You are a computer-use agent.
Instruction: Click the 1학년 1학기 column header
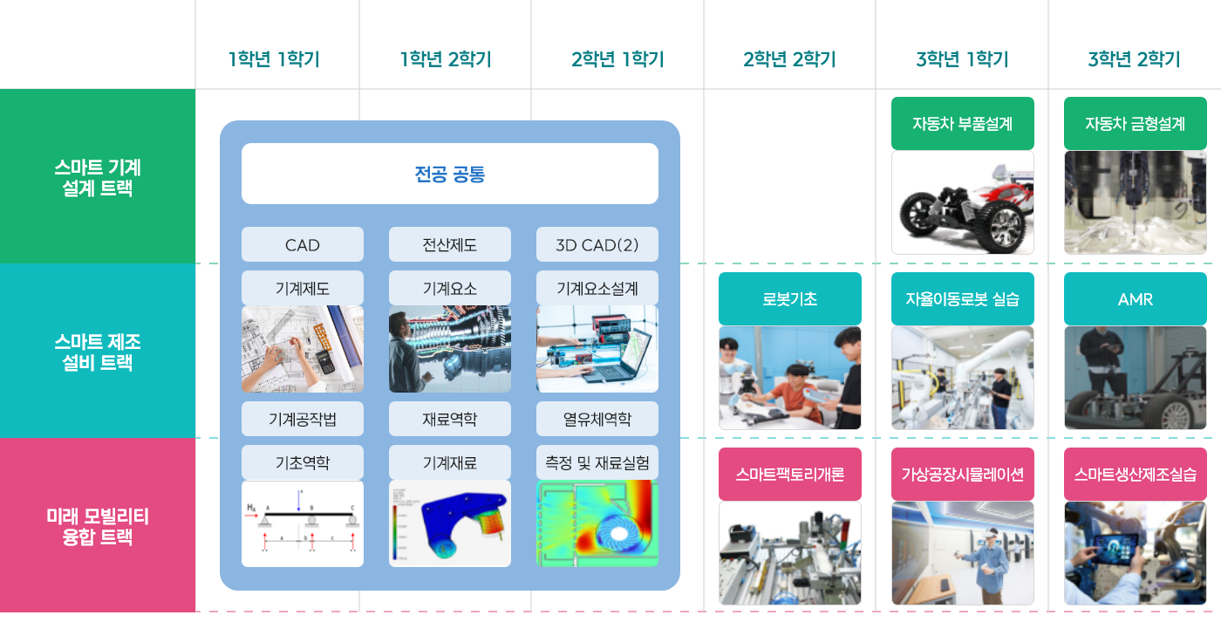tap(274, 58)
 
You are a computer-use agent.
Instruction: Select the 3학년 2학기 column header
tap(1135, 58)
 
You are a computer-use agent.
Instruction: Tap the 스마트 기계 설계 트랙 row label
tap(98, 177)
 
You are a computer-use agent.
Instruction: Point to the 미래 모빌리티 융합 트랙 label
tap(98, 526)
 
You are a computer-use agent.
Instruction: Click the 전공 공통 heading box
tap(450, 174)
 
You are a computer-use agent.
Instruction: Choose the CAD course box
tap(303, 245)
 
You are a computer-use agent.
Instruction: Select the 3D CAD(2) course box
tap(597, 245)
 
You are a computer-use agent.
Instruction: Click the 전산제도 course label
tap(450, 245)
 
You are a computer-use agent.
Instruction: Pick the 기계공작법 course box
tap(303, 419)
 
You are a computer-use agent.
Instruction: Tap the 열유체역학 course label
tap(597, 419)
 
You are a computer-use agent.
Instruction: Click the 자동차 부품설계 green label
tap(963, 124)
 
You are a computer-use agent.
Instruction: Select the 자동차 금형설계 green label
tap(1136, 124)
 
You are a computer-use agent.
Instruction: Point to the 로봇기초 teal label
tap(790, 298)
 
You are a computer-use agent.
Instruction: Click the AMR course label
tap(1136, 298)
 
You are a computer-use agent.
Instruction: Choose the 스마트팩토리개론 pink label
tap(790, 475)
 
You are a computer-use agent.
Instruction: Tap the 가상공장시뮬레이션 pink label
tap(963, 475)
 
